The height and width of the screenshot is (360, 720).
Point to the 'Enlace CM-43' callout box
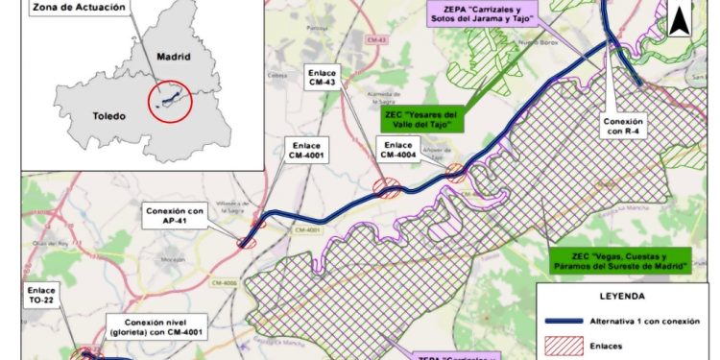(322, 77)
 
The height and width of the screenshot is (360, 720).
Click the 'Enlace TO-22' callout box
(41, 294)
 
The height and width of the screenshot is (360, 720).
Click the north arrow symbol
(681, 17)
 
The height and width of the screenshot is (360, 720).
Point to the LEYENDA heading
(622, 297)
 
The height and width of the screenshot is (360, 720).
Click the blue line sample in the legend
(570, 321)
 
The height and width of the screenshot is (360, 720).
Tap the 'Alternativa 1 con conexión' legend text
(659, 321)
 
